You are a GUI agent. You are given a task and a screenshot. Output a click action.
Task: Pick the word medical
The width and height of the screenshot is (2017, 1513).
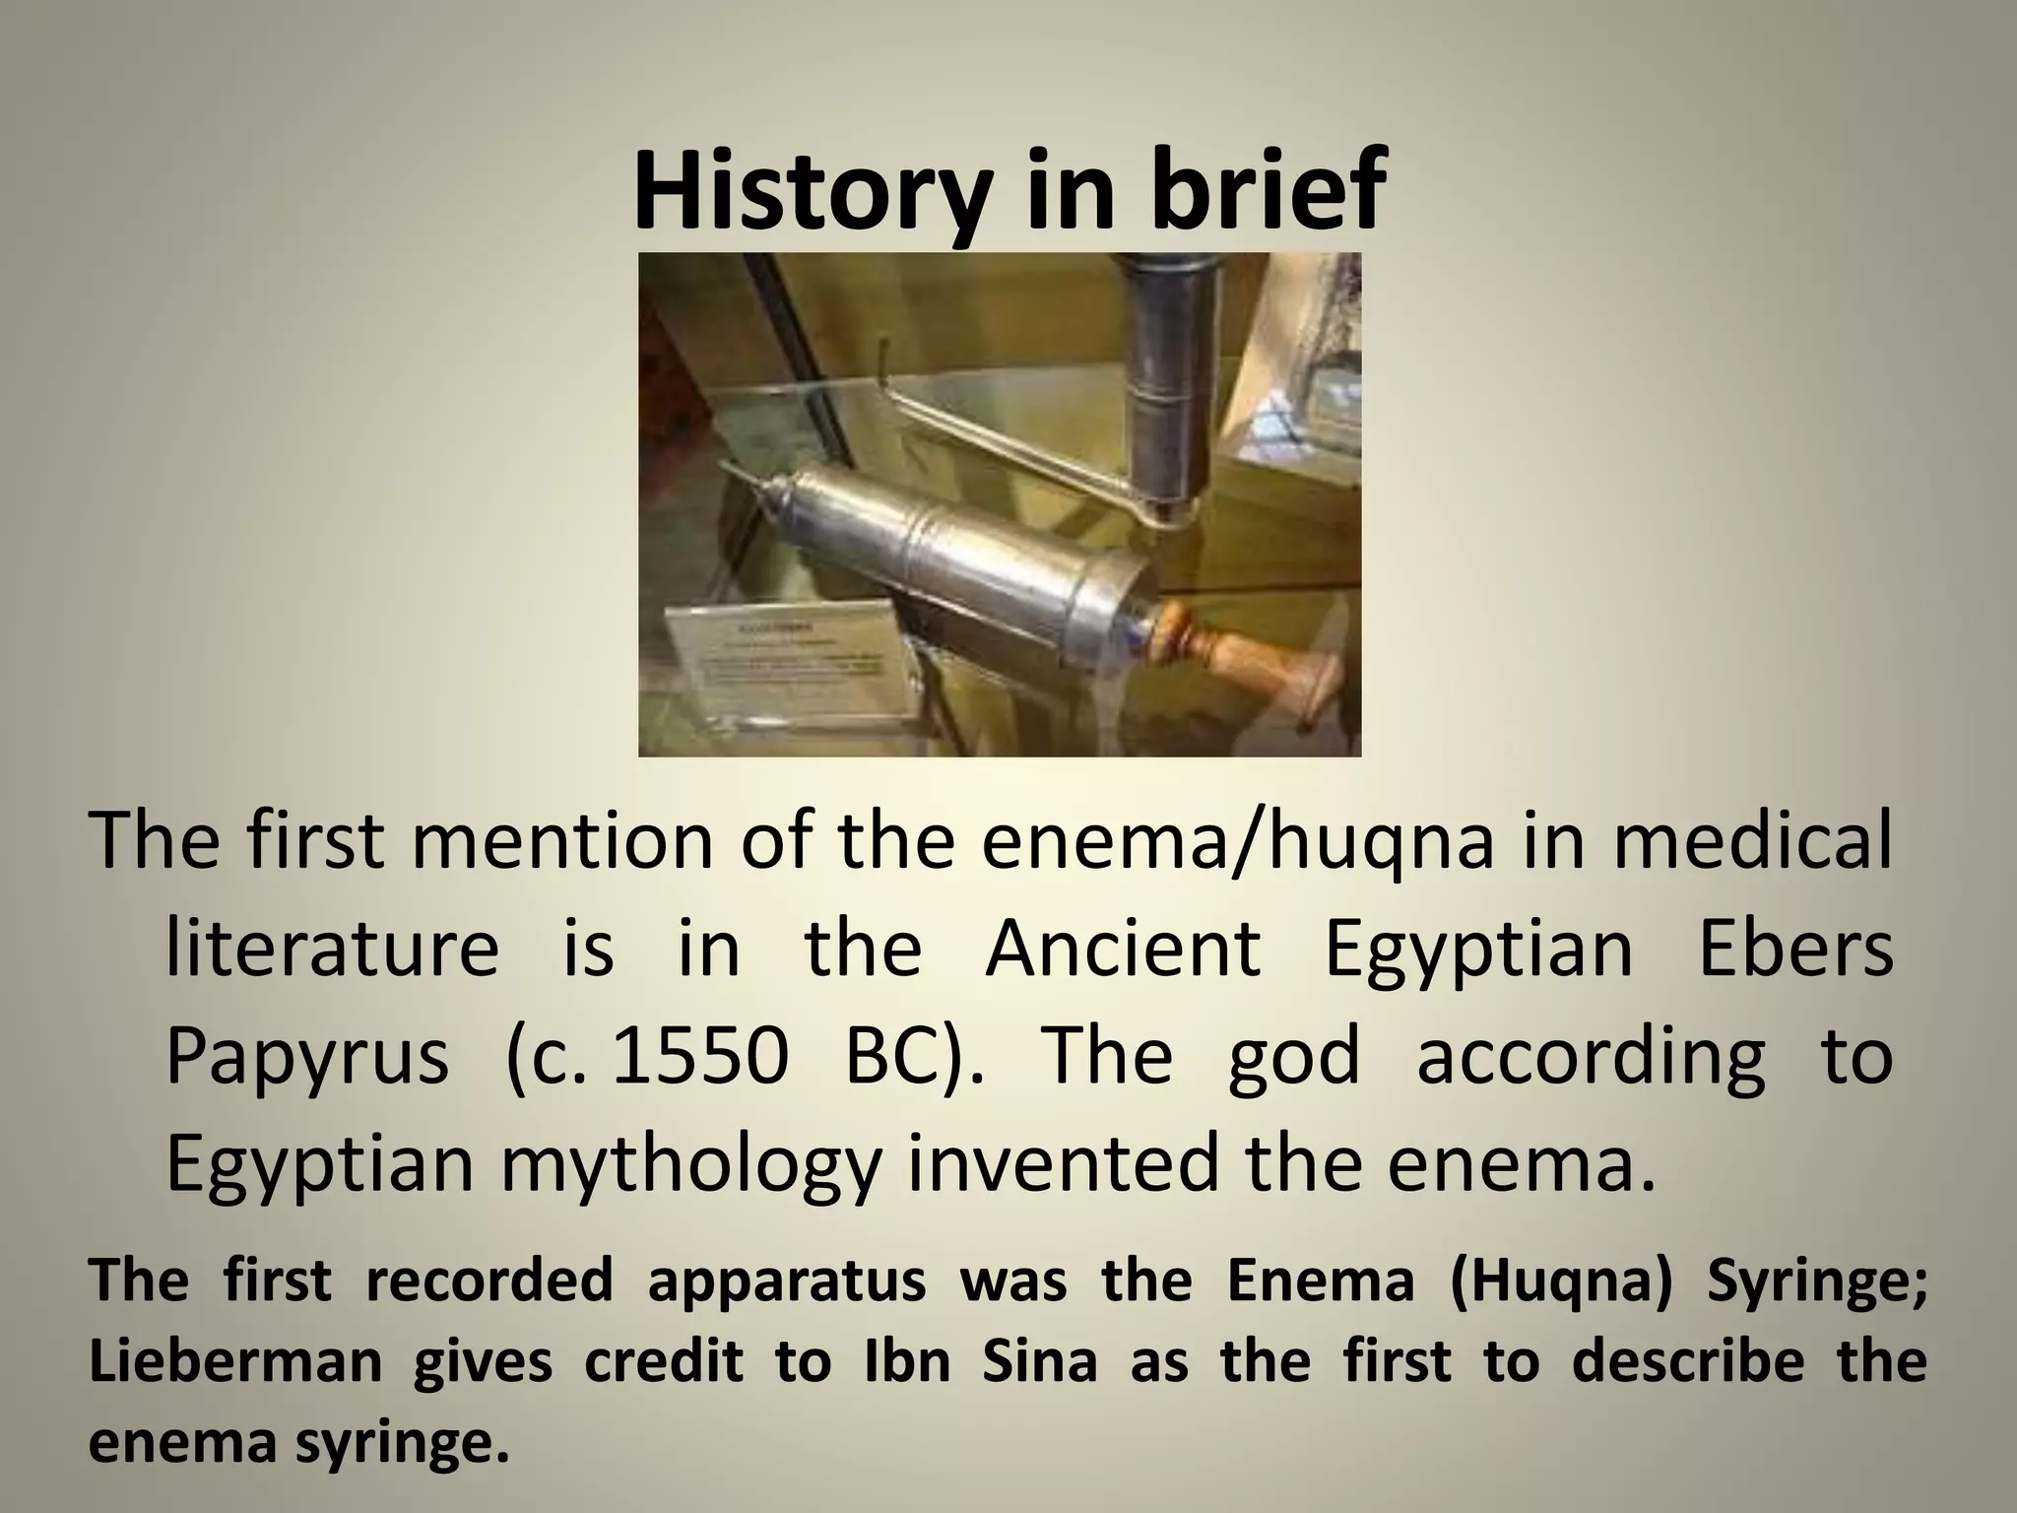click(1752, 842)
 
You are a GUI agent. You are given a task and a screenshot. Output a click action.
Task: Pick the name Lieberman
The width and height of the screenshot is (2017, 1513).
click(235, 1362)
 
